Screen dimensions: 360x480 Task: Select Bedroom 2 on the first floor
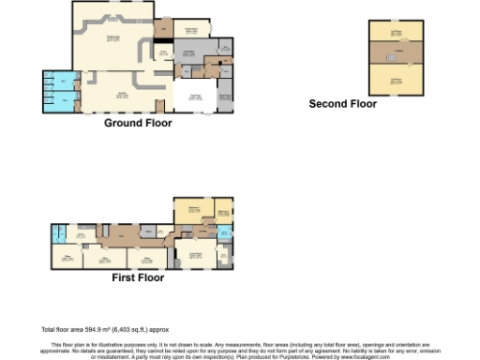pyautogui.click(x=225, y=214)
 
